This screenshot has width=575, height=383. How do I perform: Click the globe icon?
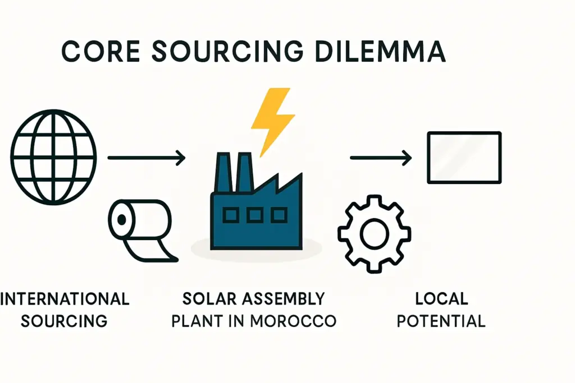point(54,158)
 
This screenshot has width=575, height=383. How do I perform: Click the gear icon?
point(375,233)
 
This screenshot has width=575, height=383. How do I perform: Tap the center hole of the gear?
point(375,233)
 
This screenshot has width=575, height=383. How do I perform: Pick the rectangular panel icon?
point(464,158)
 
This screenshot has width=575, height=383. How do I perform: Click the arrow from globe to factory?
point(146,159)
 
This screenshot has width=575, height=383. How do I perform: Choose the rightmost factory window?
point(278,214)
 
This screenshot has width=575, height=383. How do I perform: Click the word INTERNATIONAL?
point(65,298)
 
